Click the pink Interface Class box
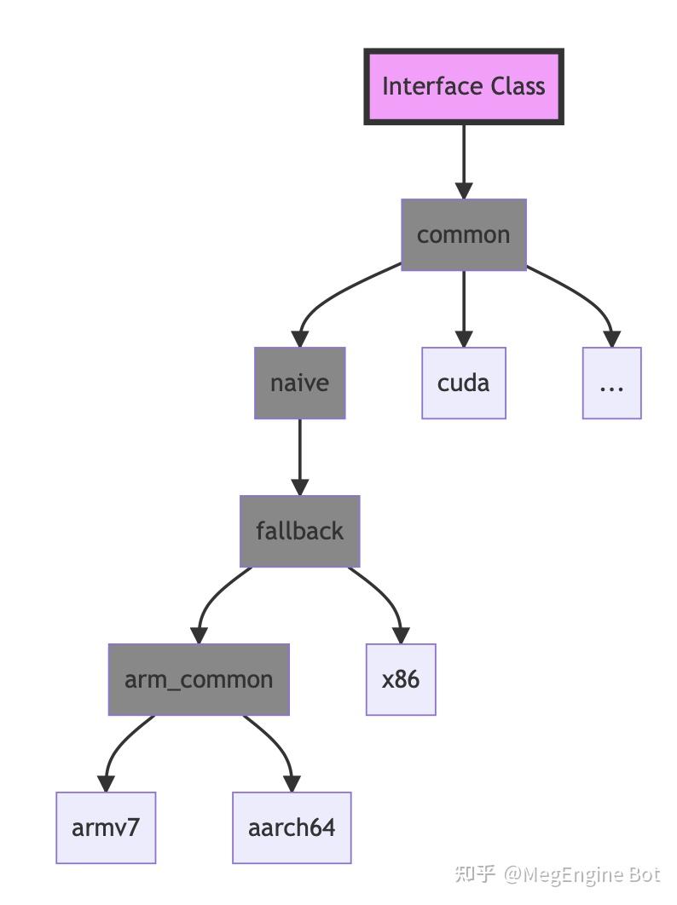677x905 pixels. tap(464, 87)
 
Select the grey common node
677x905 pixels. tap(464, 235)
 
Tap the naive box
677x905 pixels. tap(299, 383)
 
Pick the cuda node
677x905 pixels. tap(464, 383)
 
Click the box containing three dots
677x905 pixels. tap(611, 383)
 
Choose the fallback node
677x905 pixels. tap(299, 531)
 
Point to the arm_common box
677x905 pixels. tap(199, 679)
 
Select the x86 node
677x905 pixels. tap(401, 679)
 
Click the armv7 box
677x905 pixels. tap(107, 827)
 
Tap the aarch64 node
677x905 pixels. tap(292, 827)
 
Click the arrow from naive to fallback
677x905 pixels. tap(299, 457)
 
